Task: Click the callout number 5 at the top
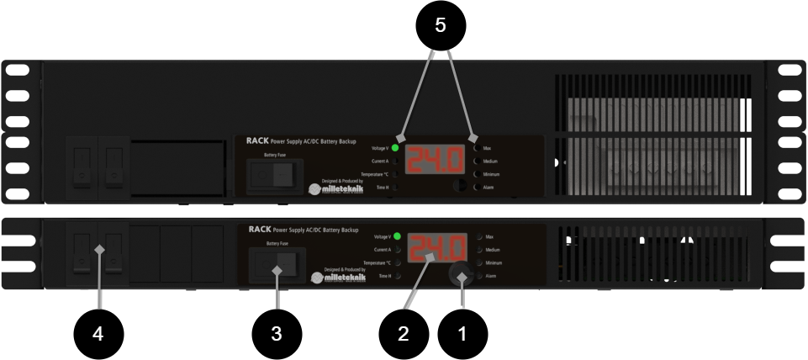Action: pos(440,26)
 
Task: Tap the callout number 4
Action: pos(98,334)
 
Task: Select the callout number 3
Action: pos(276,334)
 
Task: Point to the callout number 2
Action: pos(404,334)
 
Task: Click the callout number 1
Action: pos(462,334)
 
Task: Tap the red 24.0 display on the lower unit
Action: pos(437,249)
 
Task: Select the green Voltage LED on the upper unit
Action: pos(395,146)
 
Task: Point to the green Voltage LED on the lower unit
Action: pos(397,236)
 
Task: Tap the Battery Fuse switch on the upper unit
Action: pos(275,174)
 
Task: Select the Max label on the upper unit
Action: pos(488,147)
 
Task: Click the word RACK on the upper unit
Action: pos(257,141)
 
